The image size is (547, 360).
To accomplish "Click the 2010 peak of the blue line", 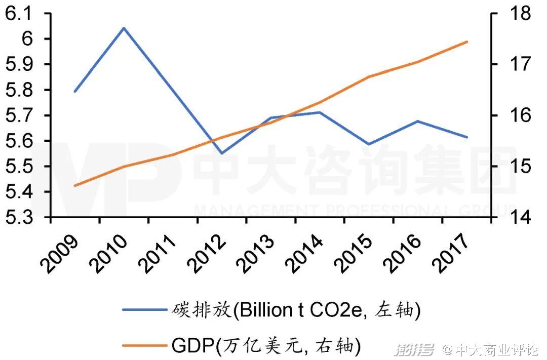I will [124, 28].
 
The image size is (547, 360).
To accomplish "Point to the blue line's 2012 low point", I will [222, 153].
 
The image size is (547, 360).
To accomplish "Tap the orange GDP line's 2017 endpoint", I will [466, 42].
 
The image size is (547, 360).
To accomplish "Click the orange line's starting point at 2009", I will [75, 186].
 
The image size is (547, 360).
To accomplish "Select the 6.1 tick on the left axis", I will [18, 14].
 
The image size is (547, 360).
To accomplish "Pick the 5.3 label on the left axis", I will [18, 218].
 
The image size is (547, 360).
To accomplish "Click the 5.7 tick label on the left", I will [18, 115].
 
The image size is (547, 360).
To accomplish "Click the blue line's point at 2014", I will [320, 112].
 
